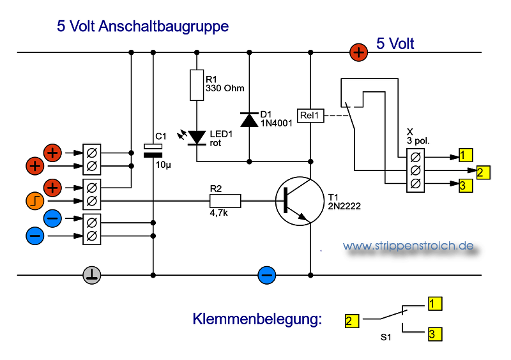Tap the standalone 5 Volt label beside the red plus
coord(395,43)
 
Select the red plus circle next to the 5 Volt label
coord(359,52)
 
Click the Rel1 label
coord(310,116)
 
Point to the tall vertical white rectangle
coord(197,85)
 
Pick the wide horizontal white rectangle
coord(225,201)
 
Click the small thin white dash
coord(153,146)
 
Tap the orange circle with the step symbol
coord(35,200)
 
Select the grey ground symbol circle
coord(92,275)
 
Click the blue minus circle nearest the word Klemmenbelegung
coord(266,275)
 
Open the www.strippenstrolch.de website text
coord(408,246)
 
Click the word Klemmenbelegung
coord(257,319)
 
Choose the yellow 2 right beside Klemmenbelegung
coord(351,321)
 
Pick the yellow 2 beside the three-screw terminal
coord(483,172)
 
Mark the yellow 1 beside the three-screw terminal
coord(466,155)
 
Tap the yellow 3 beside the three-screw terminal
coord(466,186)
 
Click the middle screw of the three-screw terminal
coord(416,170)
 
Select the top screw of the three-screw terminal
coord(416,157)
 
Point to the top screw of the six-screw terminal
coord(92,153)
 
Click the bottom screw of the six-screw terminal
coord(92,236)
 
